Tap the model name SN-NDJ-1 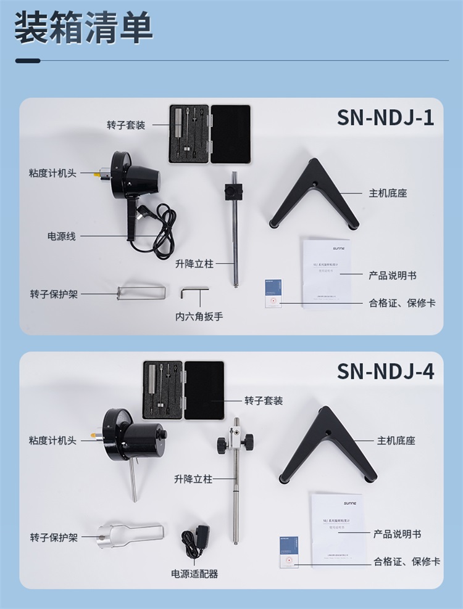(385, 117)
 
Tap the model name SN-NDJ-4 (385, 372)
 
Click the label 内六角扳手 (199, 317)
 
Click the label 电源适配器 (194, 574)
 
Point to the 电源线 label (62, 236)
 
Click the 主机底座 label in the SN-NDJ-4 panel (396, 441)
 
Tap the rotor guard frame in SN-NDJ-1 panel (141, 292)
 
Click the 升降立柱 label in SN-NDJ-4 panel (193, 478)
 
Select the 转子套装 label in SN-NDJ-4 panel (264, 401)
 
